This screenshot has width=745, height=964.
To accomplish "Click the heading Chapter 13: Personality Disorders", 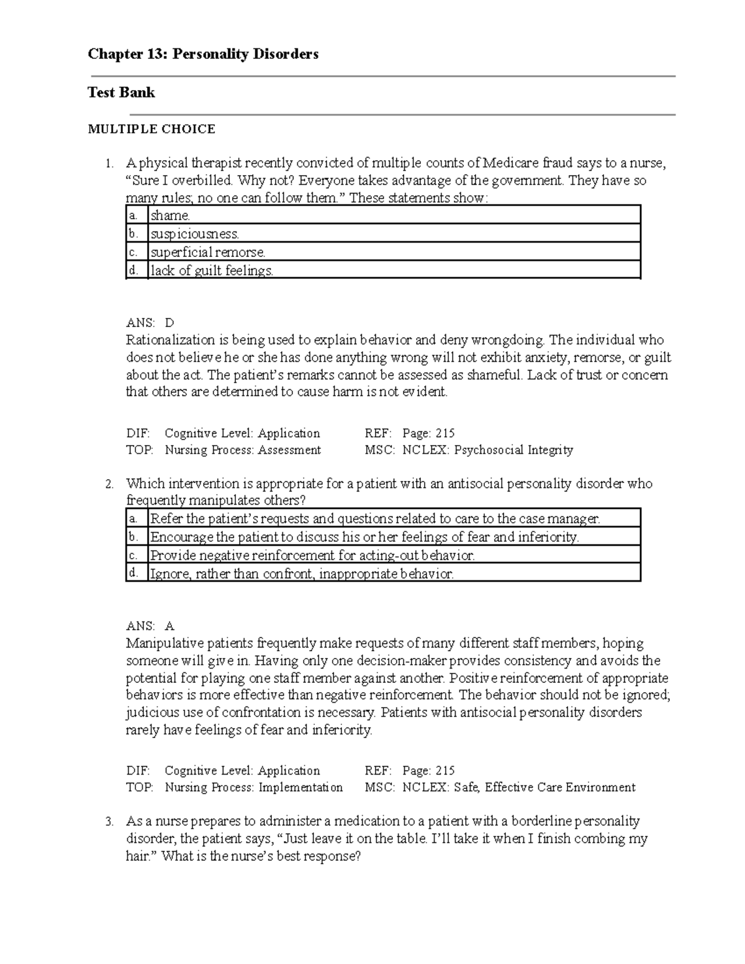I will (x=203, y=54).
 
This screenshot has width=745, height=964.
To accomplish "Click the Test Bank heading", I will (x=121, y=92).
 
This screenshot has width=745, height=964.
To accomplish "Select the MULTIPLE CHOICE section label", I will (x=151, y=129).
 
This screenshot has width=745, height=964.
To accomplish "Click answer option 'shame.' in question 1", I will (x=170, y=215).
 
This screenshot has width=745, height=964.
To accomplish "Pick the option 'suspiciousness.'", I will (x=194, y=234).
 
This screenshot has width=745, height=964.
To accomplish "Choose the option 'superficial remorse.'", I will (x=207, y=252).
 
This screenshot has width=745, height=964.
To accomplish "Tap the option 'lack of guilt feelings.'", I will (x=211, y=271).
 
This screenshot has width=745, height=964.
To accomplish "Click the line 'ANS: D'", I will (x=150, y=323).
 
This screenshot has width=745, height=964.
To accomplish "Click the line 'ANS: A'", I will (x=150, y=626).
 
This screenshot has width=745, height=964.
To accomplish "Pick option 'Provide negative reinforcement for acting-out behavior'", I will (x=312, y=556).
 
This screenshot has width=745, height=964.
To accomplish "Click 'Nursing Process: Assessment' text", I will (x=243, y=450).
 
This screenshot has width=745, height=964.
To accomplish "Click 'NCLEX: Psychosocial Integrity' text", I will (x=487, y=450).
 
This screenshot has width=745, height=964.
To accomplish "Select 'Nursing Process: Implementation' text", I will (x=253, y=788).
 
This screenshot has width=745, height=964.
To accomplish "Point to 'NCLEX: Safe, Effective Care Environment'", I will (x=518, y=788).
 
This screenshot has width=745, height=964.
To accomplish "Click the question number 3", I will (x=109, y=822).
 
